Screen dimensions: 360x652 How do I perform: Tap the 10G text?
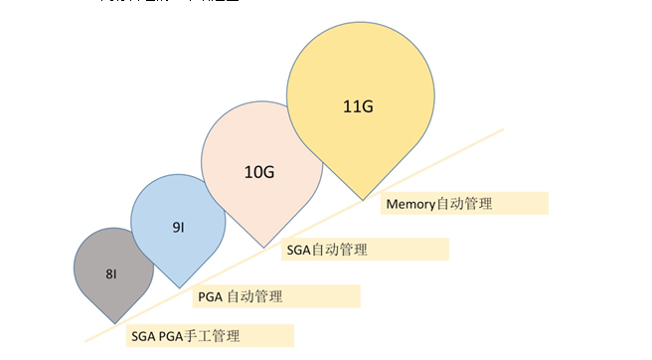pos(259,171)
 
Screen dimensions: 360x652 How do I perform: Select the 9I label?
pos(177,227)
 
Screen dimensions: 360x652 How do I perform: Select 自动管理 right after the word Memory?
pos(465,204)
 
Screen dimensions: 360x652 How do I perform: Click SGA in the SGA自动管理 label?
pos(299,250)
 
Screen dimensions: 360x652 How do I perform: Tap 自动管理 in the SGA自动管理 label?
pos(340,250)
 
